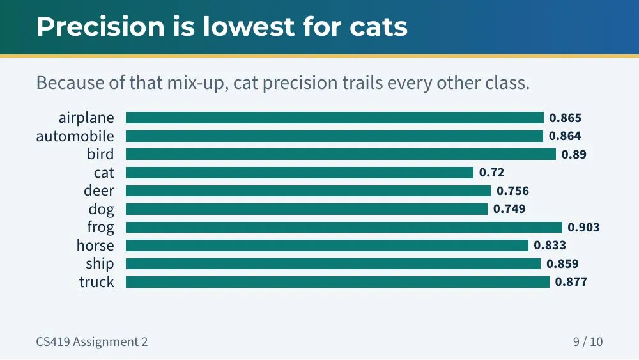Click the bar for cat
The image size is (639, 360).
[x=300, y=173]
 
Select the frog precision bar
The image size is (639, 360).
[x=344, y=227]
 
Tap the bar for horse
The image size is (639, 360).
[x=327, y=246]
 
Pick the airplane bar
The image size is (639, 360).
[x=335, y=118]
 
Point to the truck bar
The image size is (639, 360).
[x=338, y=282]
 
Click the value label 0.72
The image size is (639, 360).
[x=491, y=173]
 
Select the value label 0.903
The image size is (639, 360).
[x=583, y=227]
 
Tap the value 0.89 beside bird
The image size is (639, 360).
[x=574, y=154]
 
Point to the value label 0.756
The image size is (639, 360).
[x=512, y=191]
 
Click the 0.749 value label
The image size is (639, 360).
[x=509, y=208]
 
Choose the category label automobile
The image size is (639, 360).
[x=75, y=136]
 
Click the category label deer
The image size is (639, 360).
[x=99, y=191]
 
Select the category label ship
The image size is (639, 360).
[x=100, y=264]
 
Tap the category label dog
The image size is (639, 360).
[x=101, y=209]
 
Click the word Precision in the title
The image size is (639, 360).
[x=101, y=27]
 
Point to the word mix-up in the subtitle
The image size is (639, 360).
[x=198, y=82]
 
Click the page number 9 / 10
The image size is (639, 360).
[x=588, y=341]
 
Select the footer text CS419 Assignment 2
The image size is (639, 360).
[x=92, y=341]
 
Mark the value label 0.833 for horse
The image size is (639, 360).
[x=550, y=246]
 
